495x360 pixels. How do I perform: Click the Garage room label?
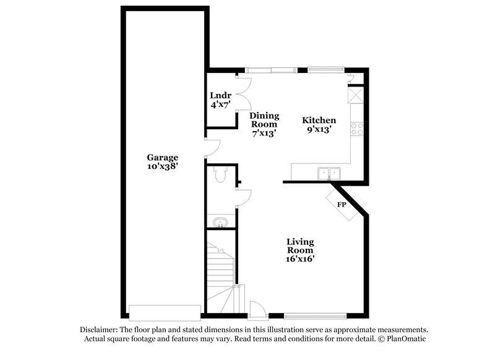162,157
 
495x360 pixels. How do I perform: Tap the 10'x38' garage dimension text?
162,166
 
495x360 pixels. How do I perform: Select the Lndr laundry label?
221,95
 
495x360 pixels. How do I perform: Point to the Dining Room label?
264,120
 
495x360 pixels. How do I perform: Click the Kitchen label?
319,120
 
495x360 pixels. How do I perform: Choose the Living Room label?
299,246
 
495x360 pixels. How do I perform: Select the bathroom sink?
218,222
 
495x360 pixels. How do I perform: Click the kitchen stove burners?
357,129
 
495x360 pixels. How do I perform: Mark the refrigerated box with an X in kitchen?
356,96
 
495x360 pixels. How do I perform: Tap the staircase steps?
220,272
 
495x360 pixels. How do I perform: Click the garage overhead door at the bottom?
164,311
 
